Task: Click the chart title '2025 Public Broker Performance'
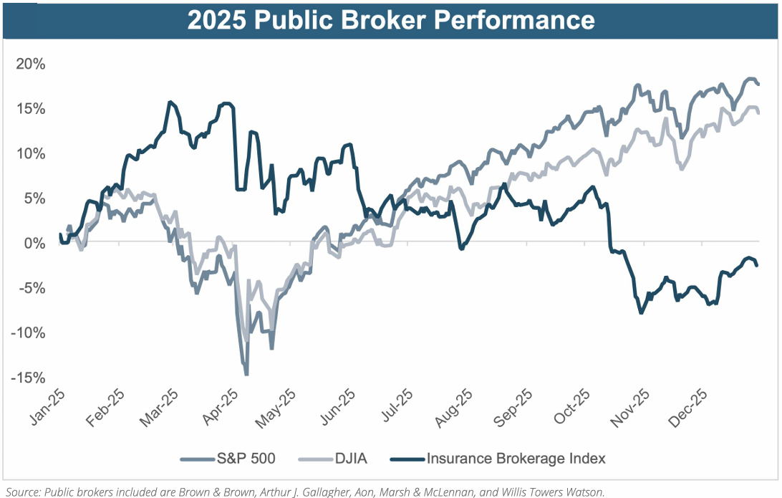pyautogui.click(x=391, y=19)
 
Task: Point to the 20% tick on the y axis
pyautogui.click(x=30, y=64)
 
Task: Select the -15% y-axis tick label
pyautogui.click(x=28, y=378)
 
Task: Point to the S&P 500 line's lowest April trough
pyautogui.click(x=246, y=374)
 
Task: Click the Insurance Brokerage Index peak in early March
pyautogui.click(x=170, y=102)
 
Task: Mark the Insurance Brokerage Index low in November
pyautogui.click(x=641, y=313)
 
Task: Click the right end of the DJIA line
pyautogui.click(x=758, y=112)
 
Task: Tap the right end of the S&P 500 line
pyautogui.click(x=758, y=84)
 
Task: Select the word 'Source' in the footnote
pyautogui.click(x=22, y=491)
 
